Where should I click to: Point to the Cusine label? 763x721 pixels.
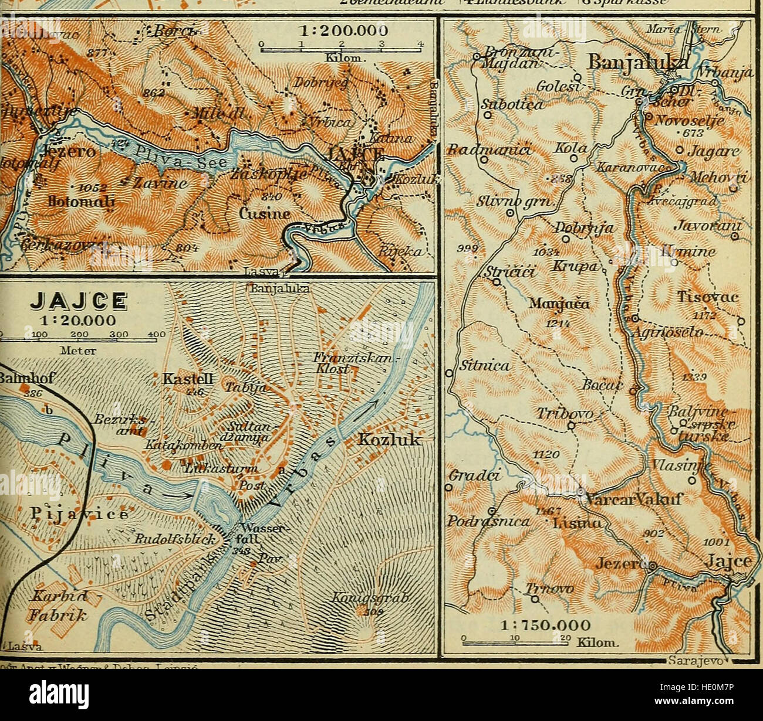[x=264, y=213]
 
